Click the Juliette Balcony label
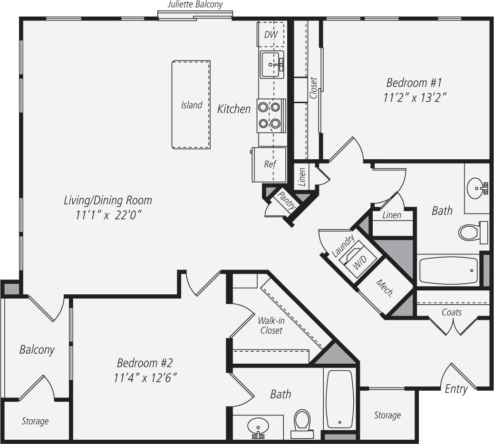point(195,5)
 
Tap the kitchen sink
point(271,64)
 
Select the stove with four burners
point(271,116)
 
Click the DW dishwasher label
point(271,35)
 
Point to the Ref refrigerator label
point(270,164)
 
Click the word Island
point(192,105)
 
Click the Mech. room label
point(385,288)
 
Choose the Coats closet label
point(452,312)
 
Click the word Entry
point(456,389)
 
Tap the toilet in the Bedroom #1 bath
point(470,232)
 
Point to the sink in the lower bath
point(258,426)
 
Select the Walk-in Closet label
point(271,325)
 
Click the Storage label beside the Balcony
point(35,421)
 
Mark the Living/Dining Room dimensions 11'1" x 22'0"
point(108,215)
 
